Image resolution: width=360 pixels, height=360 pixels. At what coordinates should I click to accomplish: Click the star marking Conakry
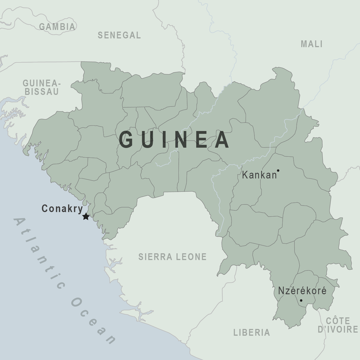point(86,217)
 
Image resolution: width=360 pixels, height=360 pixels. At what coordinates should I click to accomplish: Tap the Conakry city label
point(62,209)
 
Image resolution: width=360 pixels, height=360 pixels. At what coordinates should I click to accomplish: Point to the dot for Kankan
point(278,170)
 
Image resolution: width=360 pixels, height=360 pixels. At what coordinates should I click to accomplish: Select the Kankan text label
point(259,175)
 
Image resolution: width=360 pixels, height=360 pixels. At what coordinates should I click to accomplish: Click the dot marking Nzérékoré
point(301,300)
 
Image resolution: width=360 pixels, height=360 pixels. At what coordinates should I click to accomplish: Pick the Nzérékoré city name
point(302,291)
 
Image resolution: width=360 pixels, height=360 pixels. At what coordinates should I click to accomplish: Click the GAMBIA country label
point(57,27)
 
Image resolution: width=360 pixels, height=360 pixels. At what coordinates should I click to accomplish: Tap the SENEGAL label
point(119,35)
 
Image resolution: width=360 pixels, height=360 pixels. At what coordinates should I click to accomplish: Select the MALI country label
point(311,44)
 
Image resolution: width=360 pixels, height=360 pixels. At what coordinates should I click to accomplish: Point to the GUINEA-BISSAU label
point(42,87)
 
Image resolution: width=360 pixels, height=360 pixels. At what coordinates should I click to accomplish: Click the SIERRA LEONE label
point(172,257)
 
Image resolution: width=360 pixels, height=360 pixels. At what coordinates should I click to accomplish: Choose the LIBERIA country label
point(252,332)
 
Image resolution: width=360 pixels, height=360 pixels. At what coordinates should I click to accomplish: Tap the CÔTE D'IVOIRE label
point(338,325)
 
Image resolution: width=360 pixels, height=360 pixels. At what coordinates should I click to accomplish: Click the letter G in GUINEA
point(126,139)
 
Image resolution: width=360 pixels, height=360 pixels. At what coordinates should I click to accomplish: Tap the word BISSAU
point(42,91)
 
